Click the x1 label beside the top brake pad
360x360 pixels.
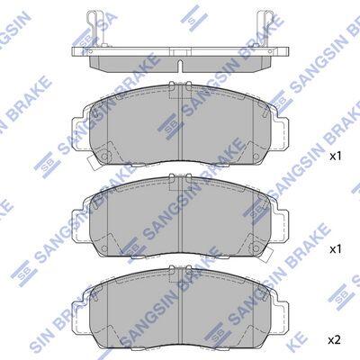click(336, 156)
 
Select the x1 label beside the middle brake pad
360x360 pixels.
click(336, 249)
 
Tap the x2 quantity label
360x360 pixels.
click(335, 340)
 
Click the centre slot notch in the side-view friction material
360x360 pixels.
click(180, 66)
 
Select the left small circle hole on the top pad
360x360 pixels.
click(104, 157)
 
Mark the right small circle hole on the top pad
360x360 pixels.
click(256, 157)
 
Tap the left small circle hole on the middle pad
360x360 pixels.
click(104, 248)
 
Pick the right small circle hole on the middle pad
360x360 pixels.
click(256, 248)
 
